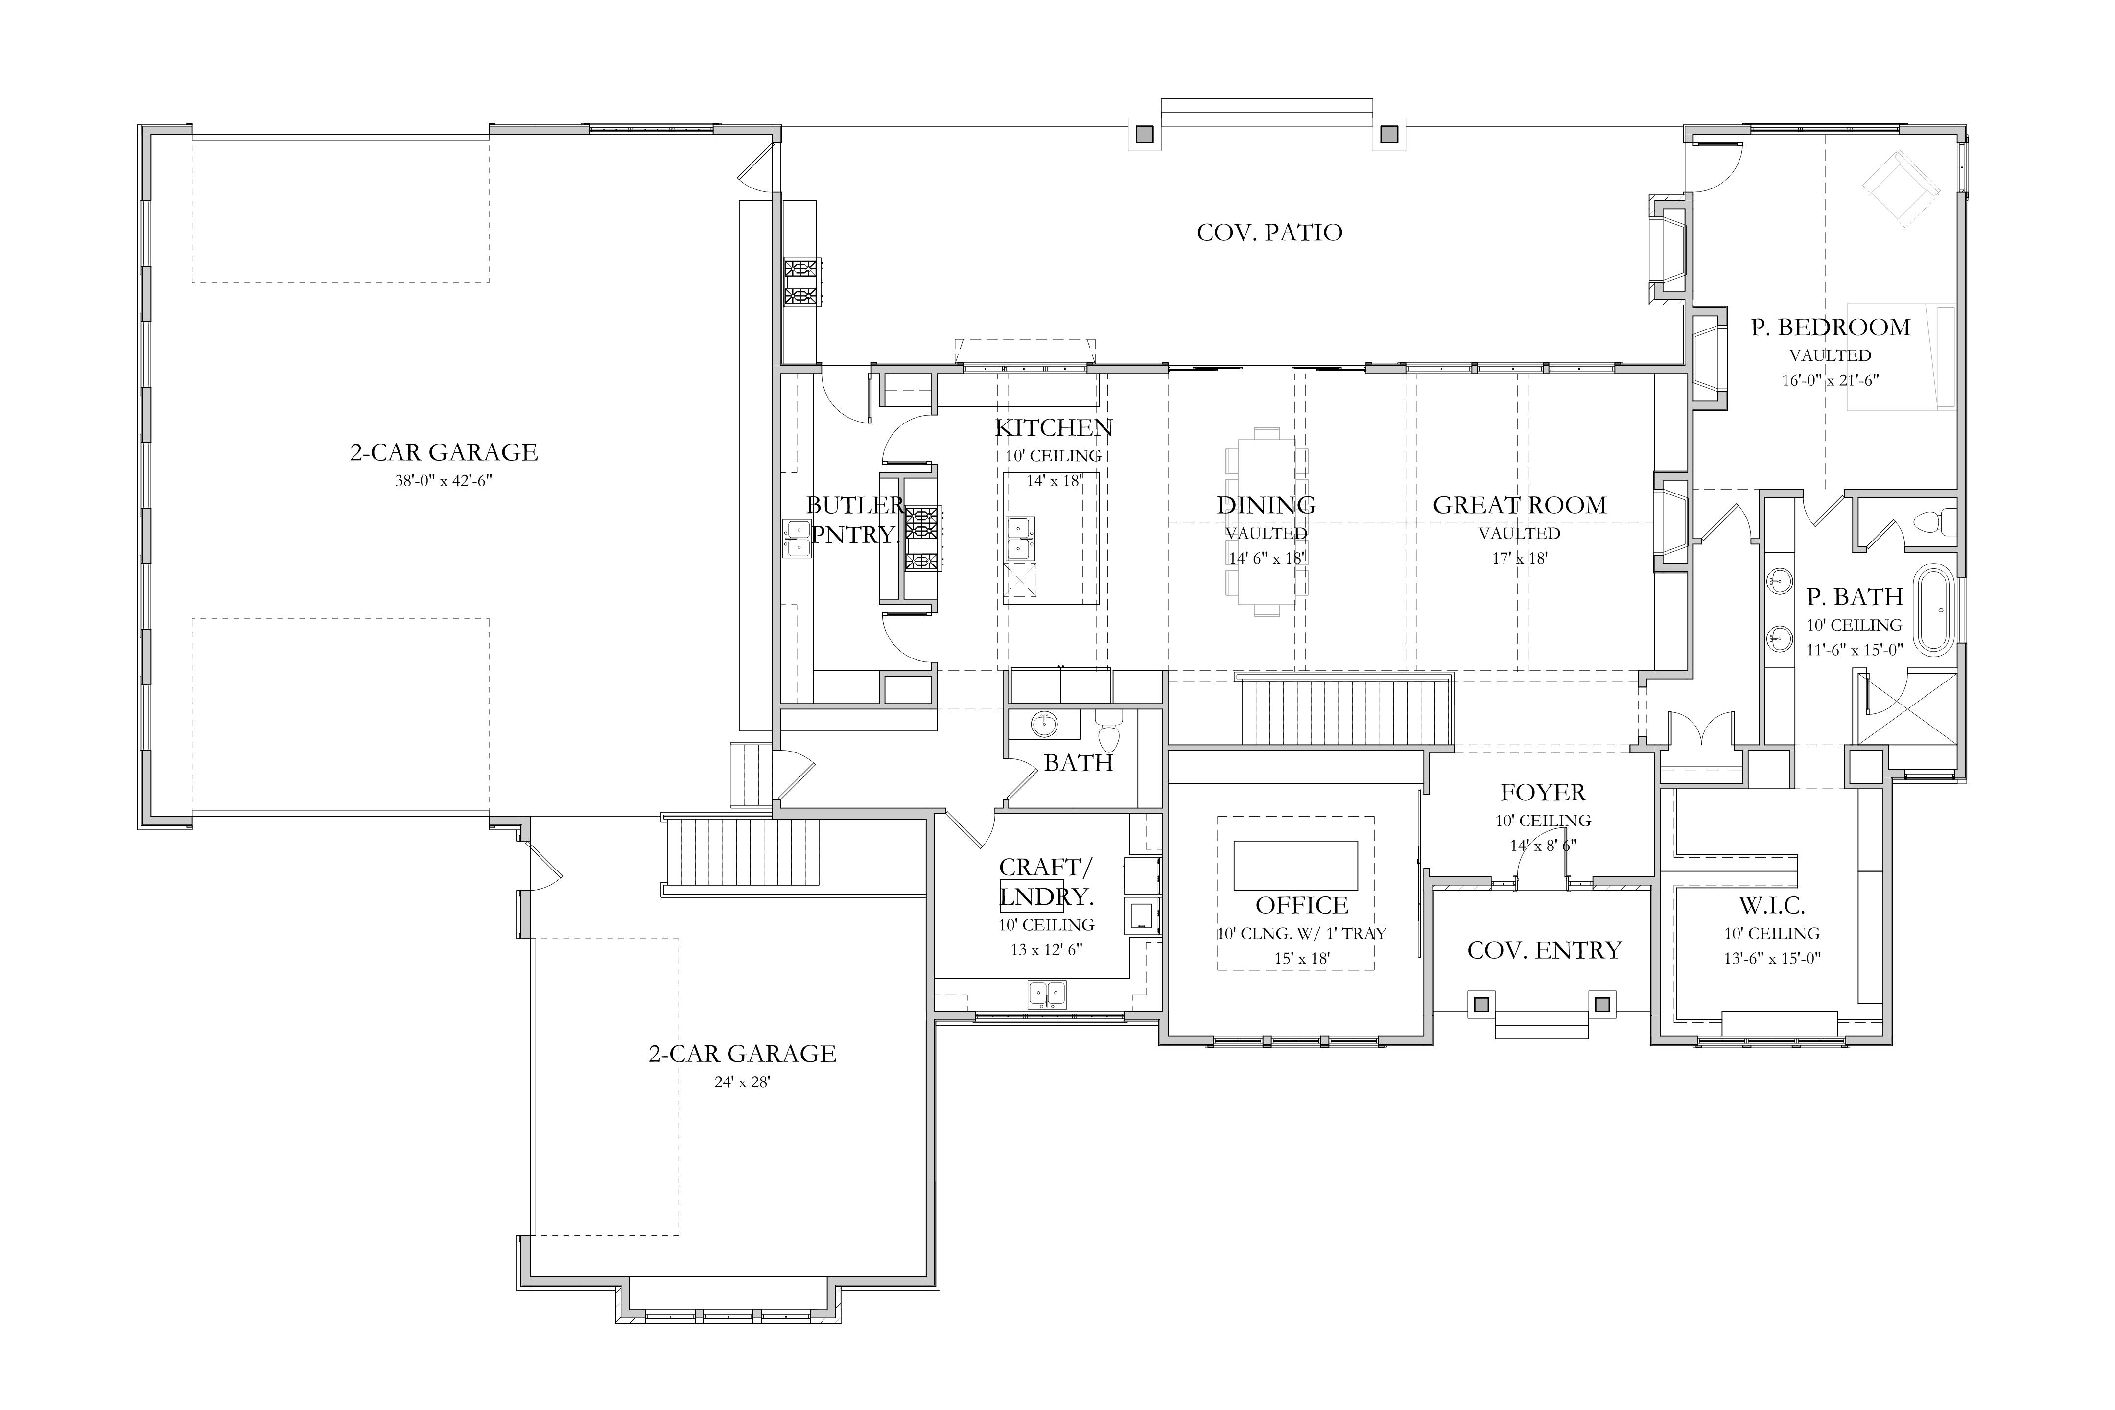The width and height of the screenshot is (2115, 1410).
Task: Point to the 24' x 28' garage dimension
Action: [742, 1082]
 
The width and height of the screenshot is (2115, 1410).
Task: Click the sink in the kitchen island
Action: [1019, 537]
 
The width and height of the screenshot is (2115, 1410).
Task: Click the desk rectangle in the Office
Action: [1295, 865]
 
